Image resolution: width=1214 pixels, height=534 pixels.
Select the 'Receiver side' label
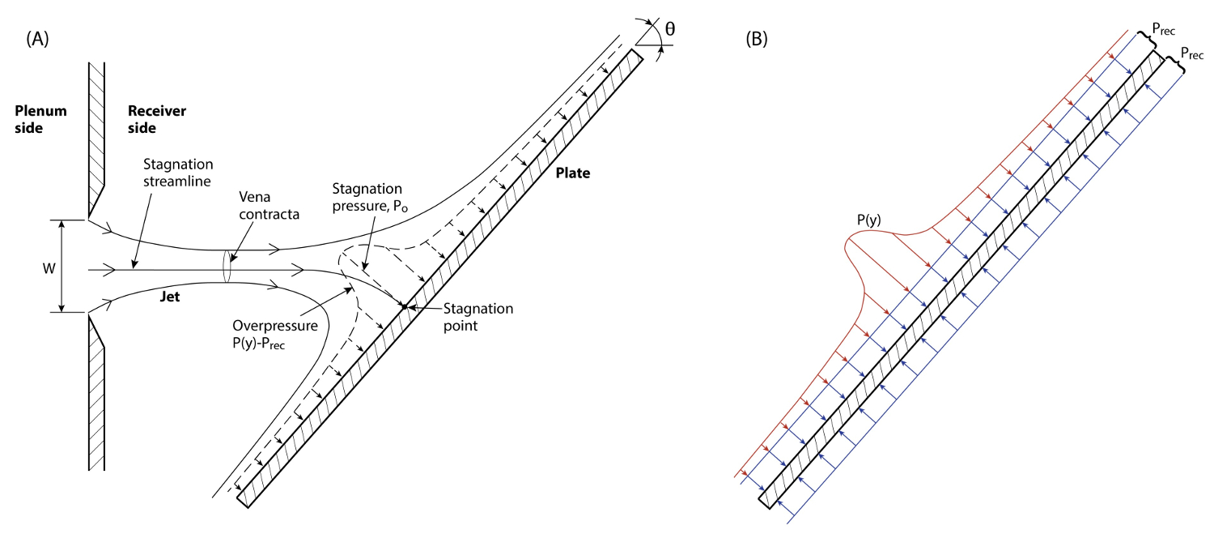[154, 119]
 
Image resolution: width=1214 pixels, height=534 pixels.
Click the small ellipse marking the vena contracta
[227, 267]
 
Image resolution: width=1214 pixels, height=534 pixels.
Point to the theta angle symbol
[669, 30]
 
